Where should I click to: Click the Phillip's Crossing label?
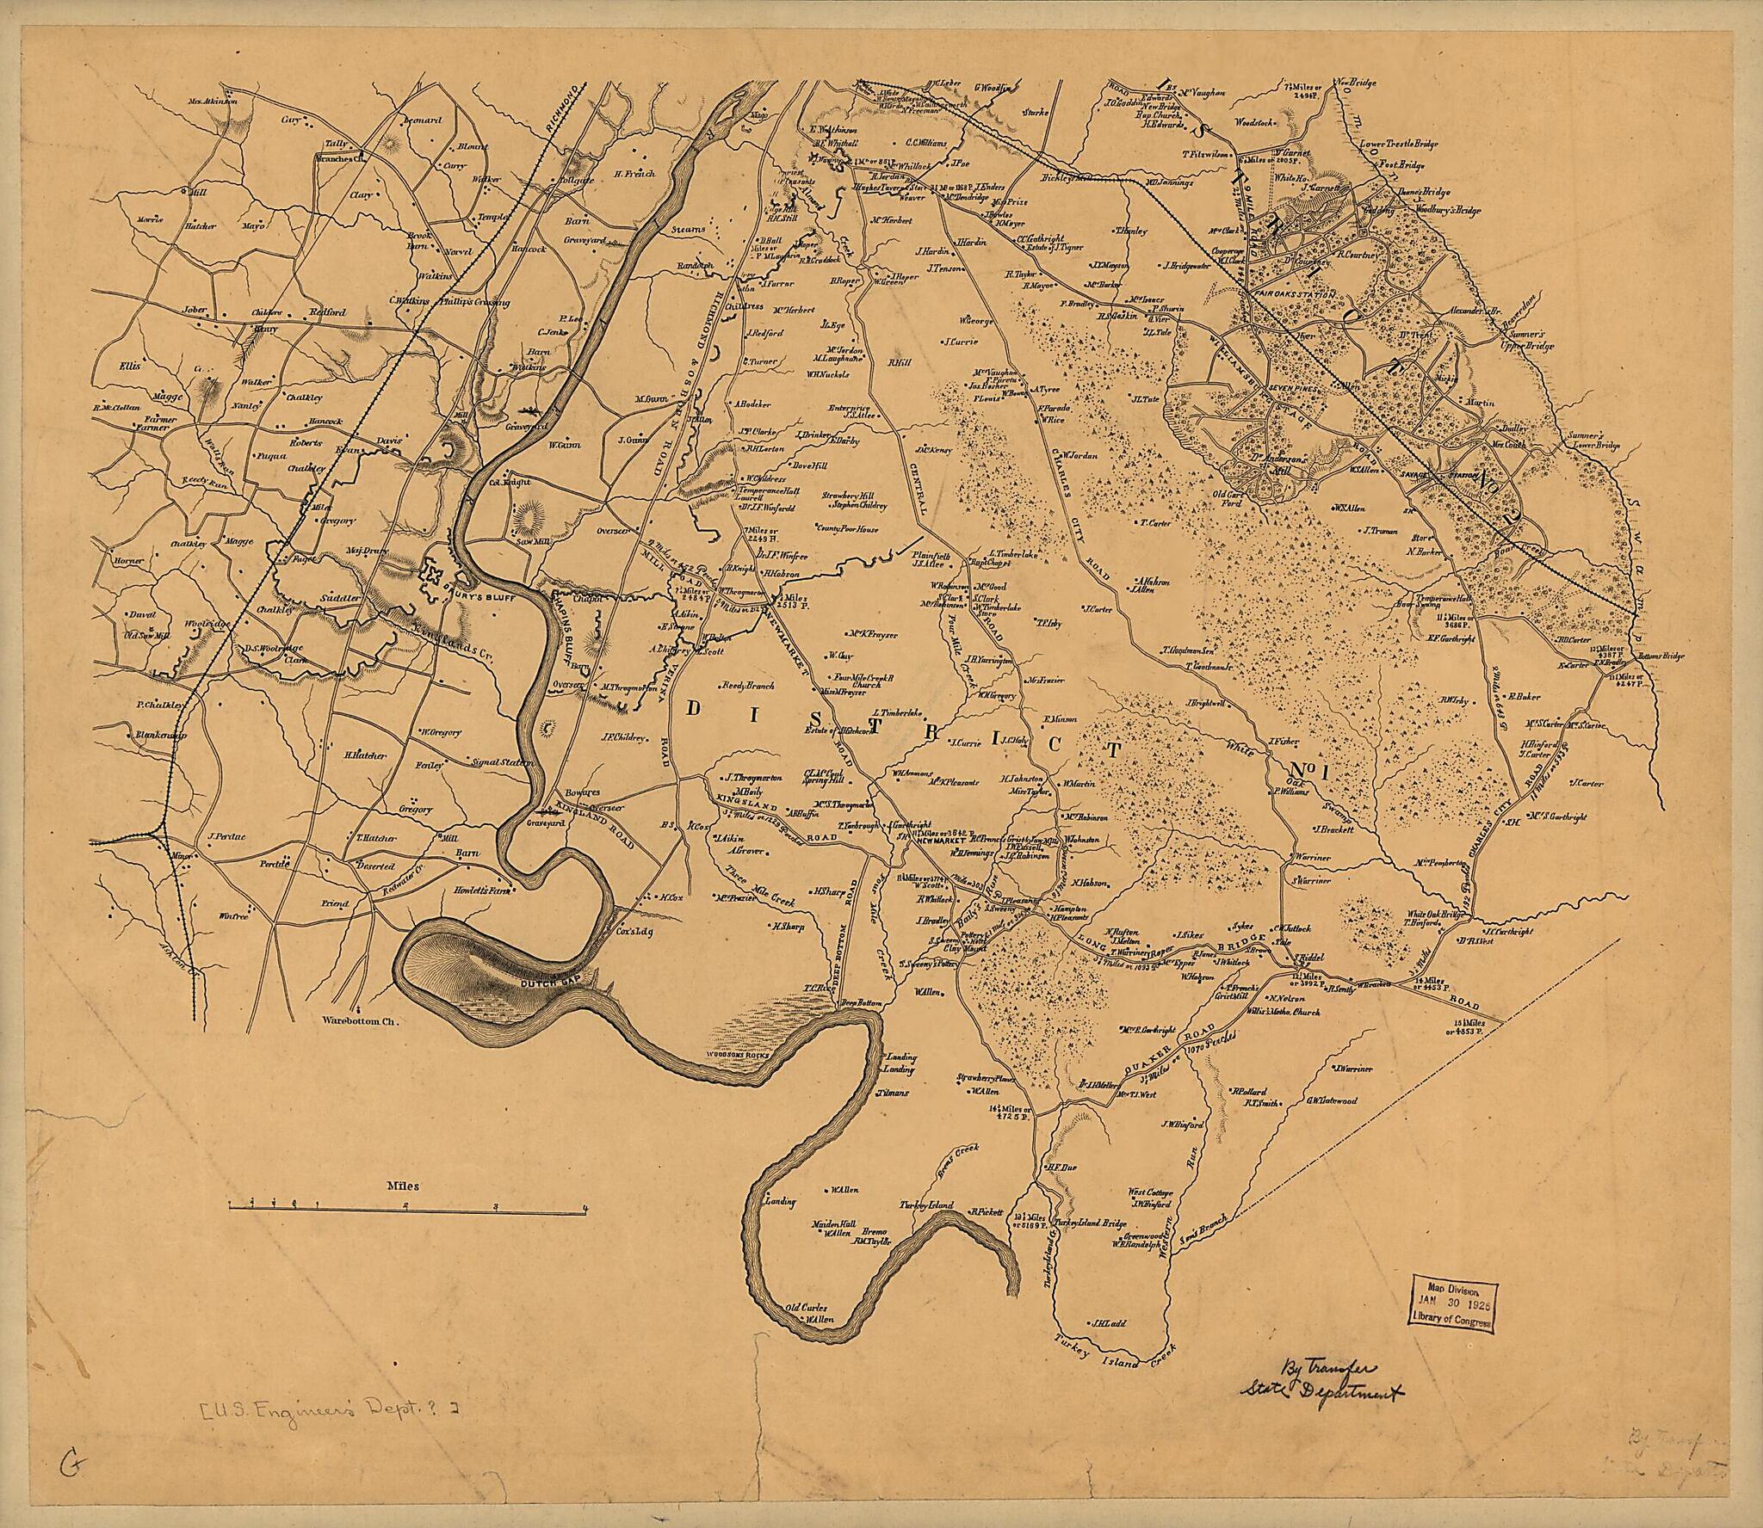[474, 303]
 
